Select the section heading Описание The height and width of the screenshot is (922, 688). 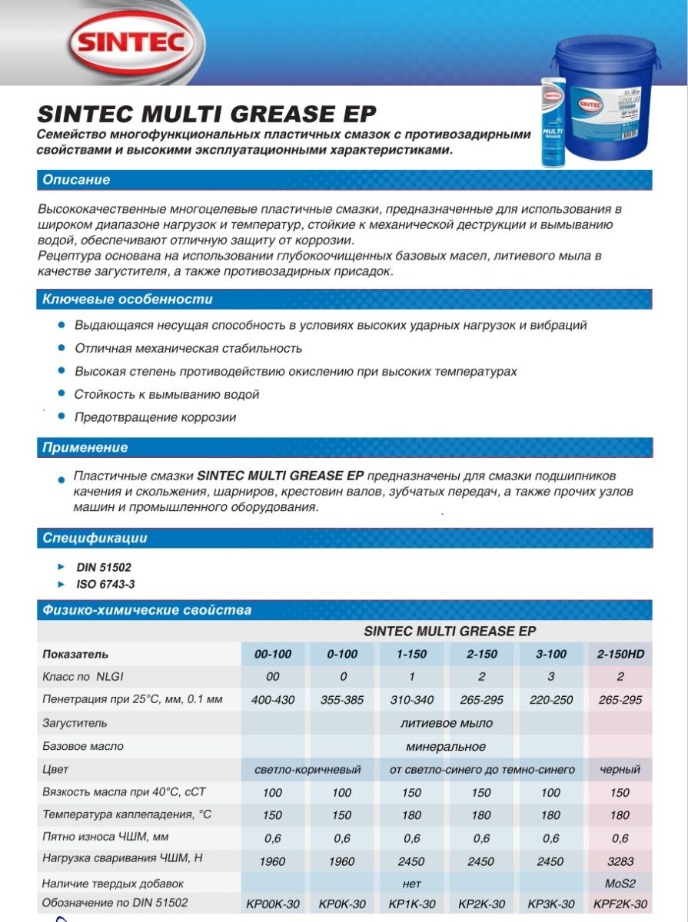(x=76, y=181)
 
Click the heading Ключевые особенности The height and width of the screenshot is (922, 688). (x=128, y=299)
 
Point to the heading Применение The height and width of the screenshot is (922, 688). (x=85, y=447)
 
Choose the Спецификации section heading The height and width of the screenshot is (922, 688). (x=95, y=538)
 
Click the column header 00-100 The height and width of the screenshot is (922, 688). (x=273, y=655)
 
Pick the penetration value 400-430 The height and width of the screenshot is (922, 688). (x=273, y=700)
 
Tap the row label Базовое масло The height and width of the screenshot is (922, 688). (x=83, y=746)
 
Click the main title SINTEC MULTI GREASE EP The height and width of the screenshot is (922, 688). (x=207, y=114)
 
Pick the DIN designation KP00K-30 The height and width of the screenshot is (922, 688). (x=273, y=904)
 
